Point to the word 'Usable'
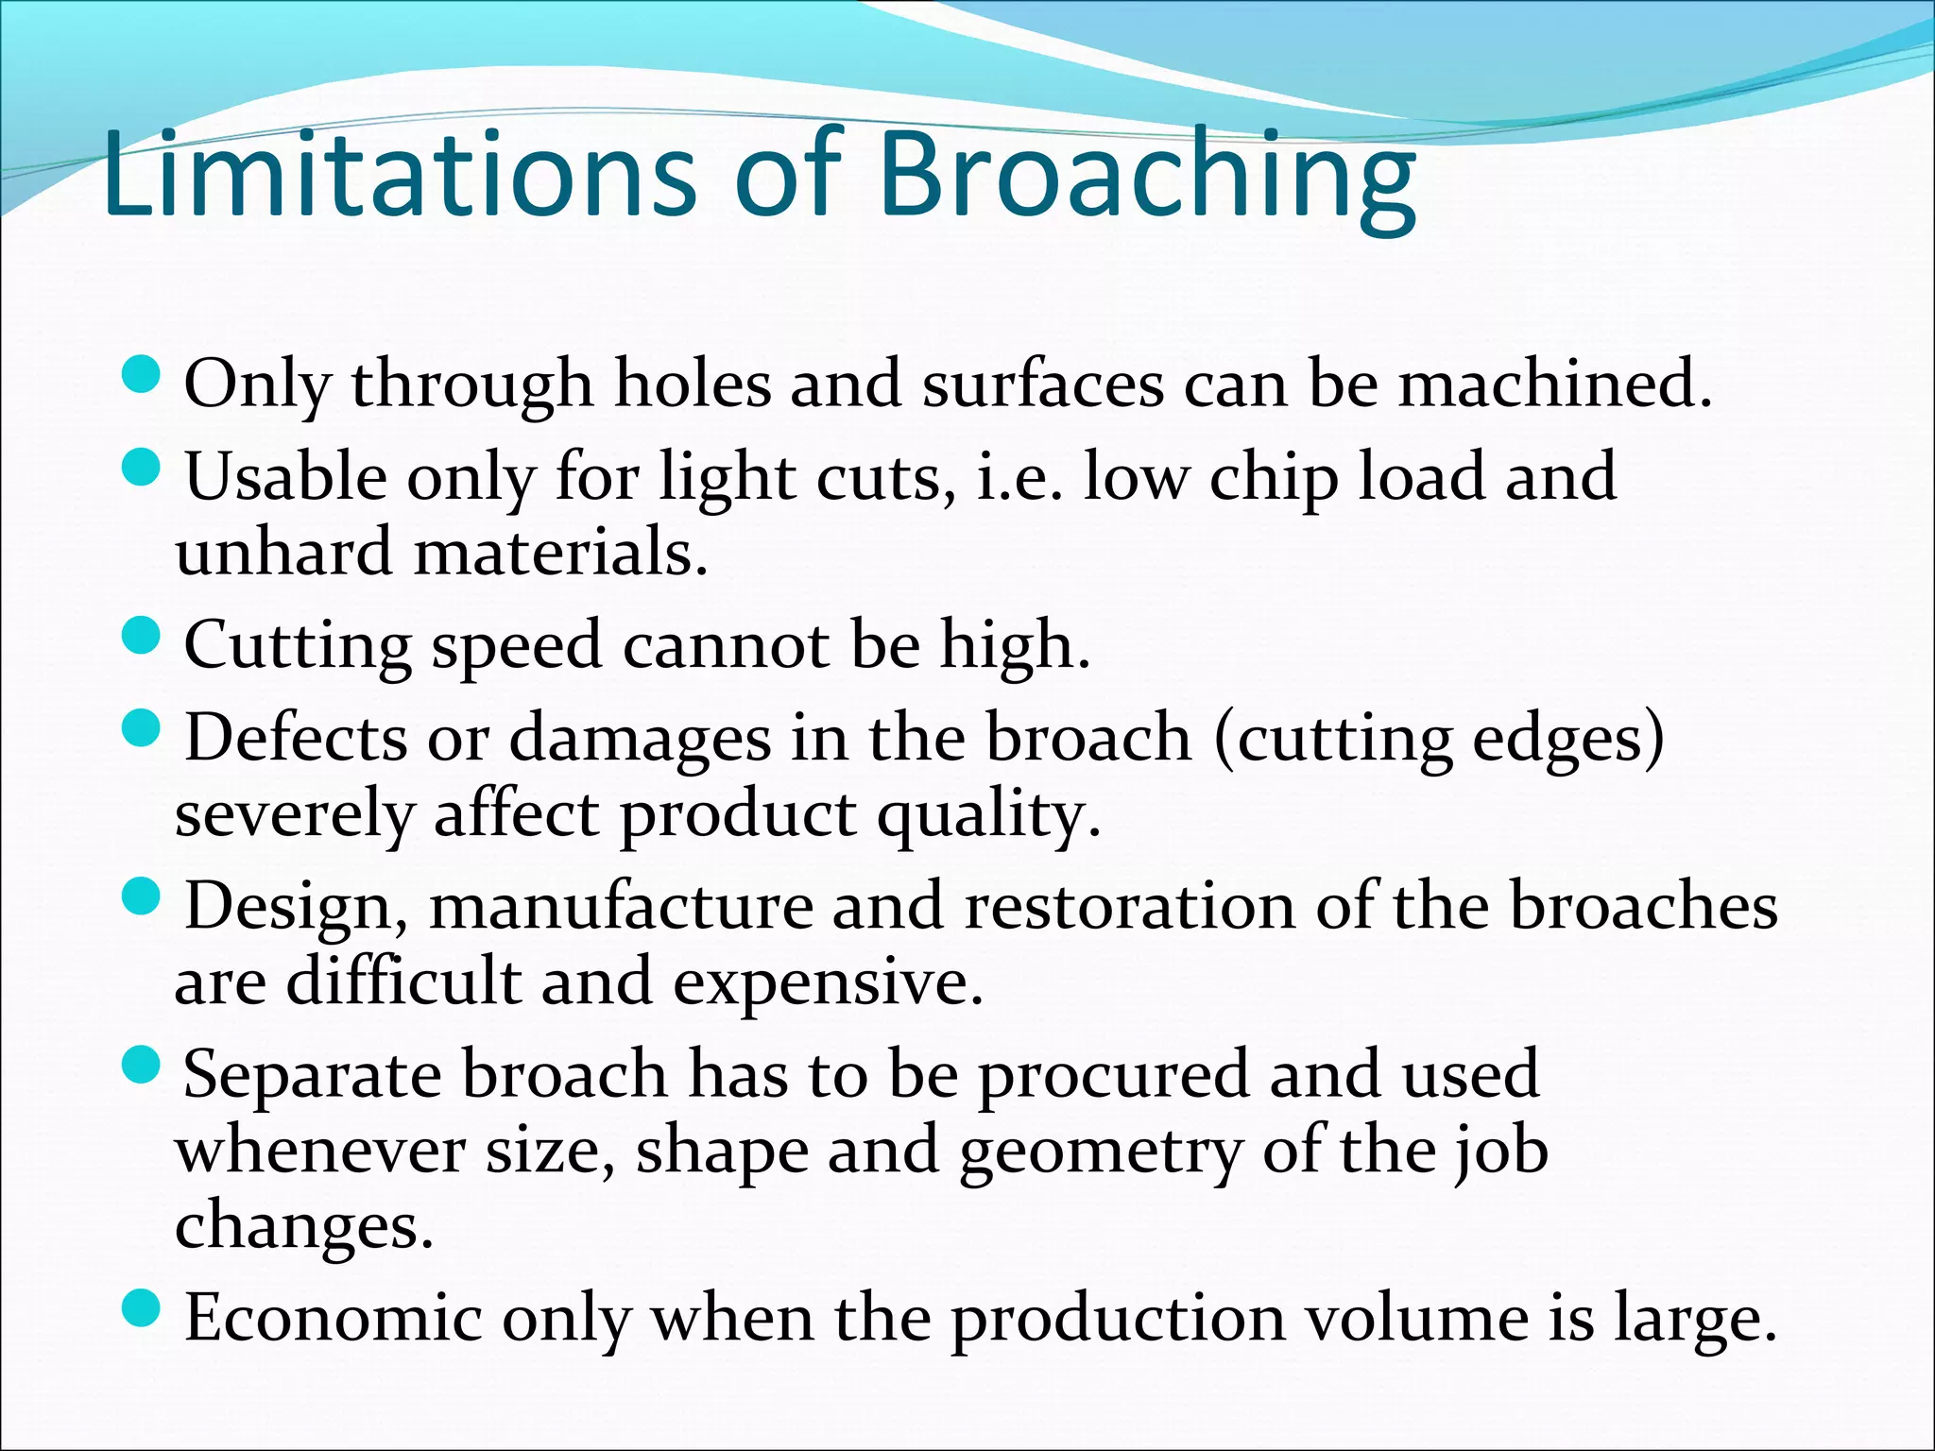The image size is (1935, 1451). click(x=285, y=476)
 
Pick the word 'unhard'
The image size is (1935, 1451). click(x=283, y=552)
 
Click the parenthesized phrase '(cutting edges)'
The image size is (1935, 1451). click(x=1438, y=739)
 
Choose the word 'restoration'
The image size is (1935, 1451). click(x=1130, y=906)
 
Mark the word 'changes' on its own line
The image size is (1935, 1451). click(x=303, y=1226)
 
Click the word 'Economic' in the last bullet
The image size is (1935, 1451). click(x=333, y=1318)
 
